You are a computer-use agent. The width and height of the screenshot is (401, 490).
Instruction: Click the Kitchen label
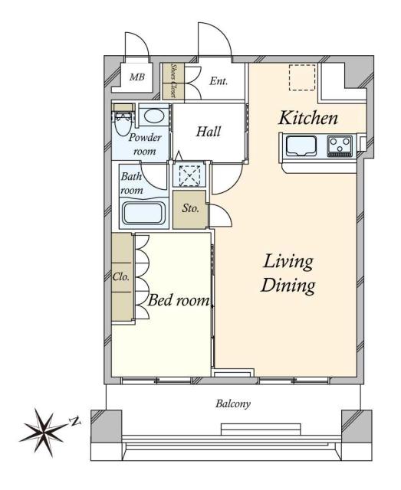308,118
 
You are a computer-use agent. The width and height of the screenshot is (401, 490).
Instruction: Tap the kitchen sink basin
301,146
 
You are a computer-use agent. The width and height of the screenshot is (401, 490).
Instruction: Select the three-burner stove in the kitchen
340,145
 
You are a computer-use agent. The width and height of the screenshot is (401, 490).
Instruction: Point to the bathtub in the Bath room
143,214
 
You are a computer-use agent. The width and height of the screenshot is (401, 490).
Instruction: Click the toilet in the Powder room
123,120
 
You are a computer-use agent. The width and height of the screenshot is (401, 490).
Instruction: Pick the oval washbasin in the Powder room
154,116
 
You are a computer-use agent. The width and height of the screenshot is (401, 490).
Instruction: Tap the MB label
137,77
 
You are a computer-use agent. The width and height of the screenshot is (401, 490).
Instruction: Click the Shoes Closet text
173,81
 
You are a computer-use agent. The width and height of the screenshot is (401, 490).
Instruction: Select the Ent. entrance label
219,81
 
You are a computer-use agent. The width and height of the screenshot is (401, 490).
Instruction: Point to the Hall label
209,132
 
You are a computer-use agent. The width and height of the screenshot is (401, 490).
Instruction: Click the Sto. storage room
190,209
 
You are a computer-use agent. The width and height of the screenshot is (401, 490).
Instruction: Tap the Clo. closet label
121,277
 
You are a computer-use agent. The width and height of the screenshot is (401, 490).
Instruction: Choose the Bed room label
179,300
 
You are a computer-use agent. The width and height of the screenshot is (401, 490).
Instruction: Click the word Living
288,262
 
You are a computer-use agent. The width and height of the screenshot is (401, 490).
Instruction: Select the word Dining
288,286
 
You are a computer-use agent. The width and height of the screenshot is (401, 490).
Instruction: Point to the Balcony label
233,403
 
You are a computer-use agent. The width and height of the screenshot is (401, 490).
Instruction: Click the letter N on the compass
75,422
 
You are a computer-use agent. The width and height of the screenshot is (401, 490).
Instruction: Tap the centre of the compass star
44,433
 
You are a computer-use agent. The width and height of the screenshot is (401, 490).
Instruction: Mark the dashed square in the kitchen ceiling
302,78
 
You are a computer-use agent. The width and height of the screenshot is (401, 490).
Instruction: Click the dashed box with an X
189,176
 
